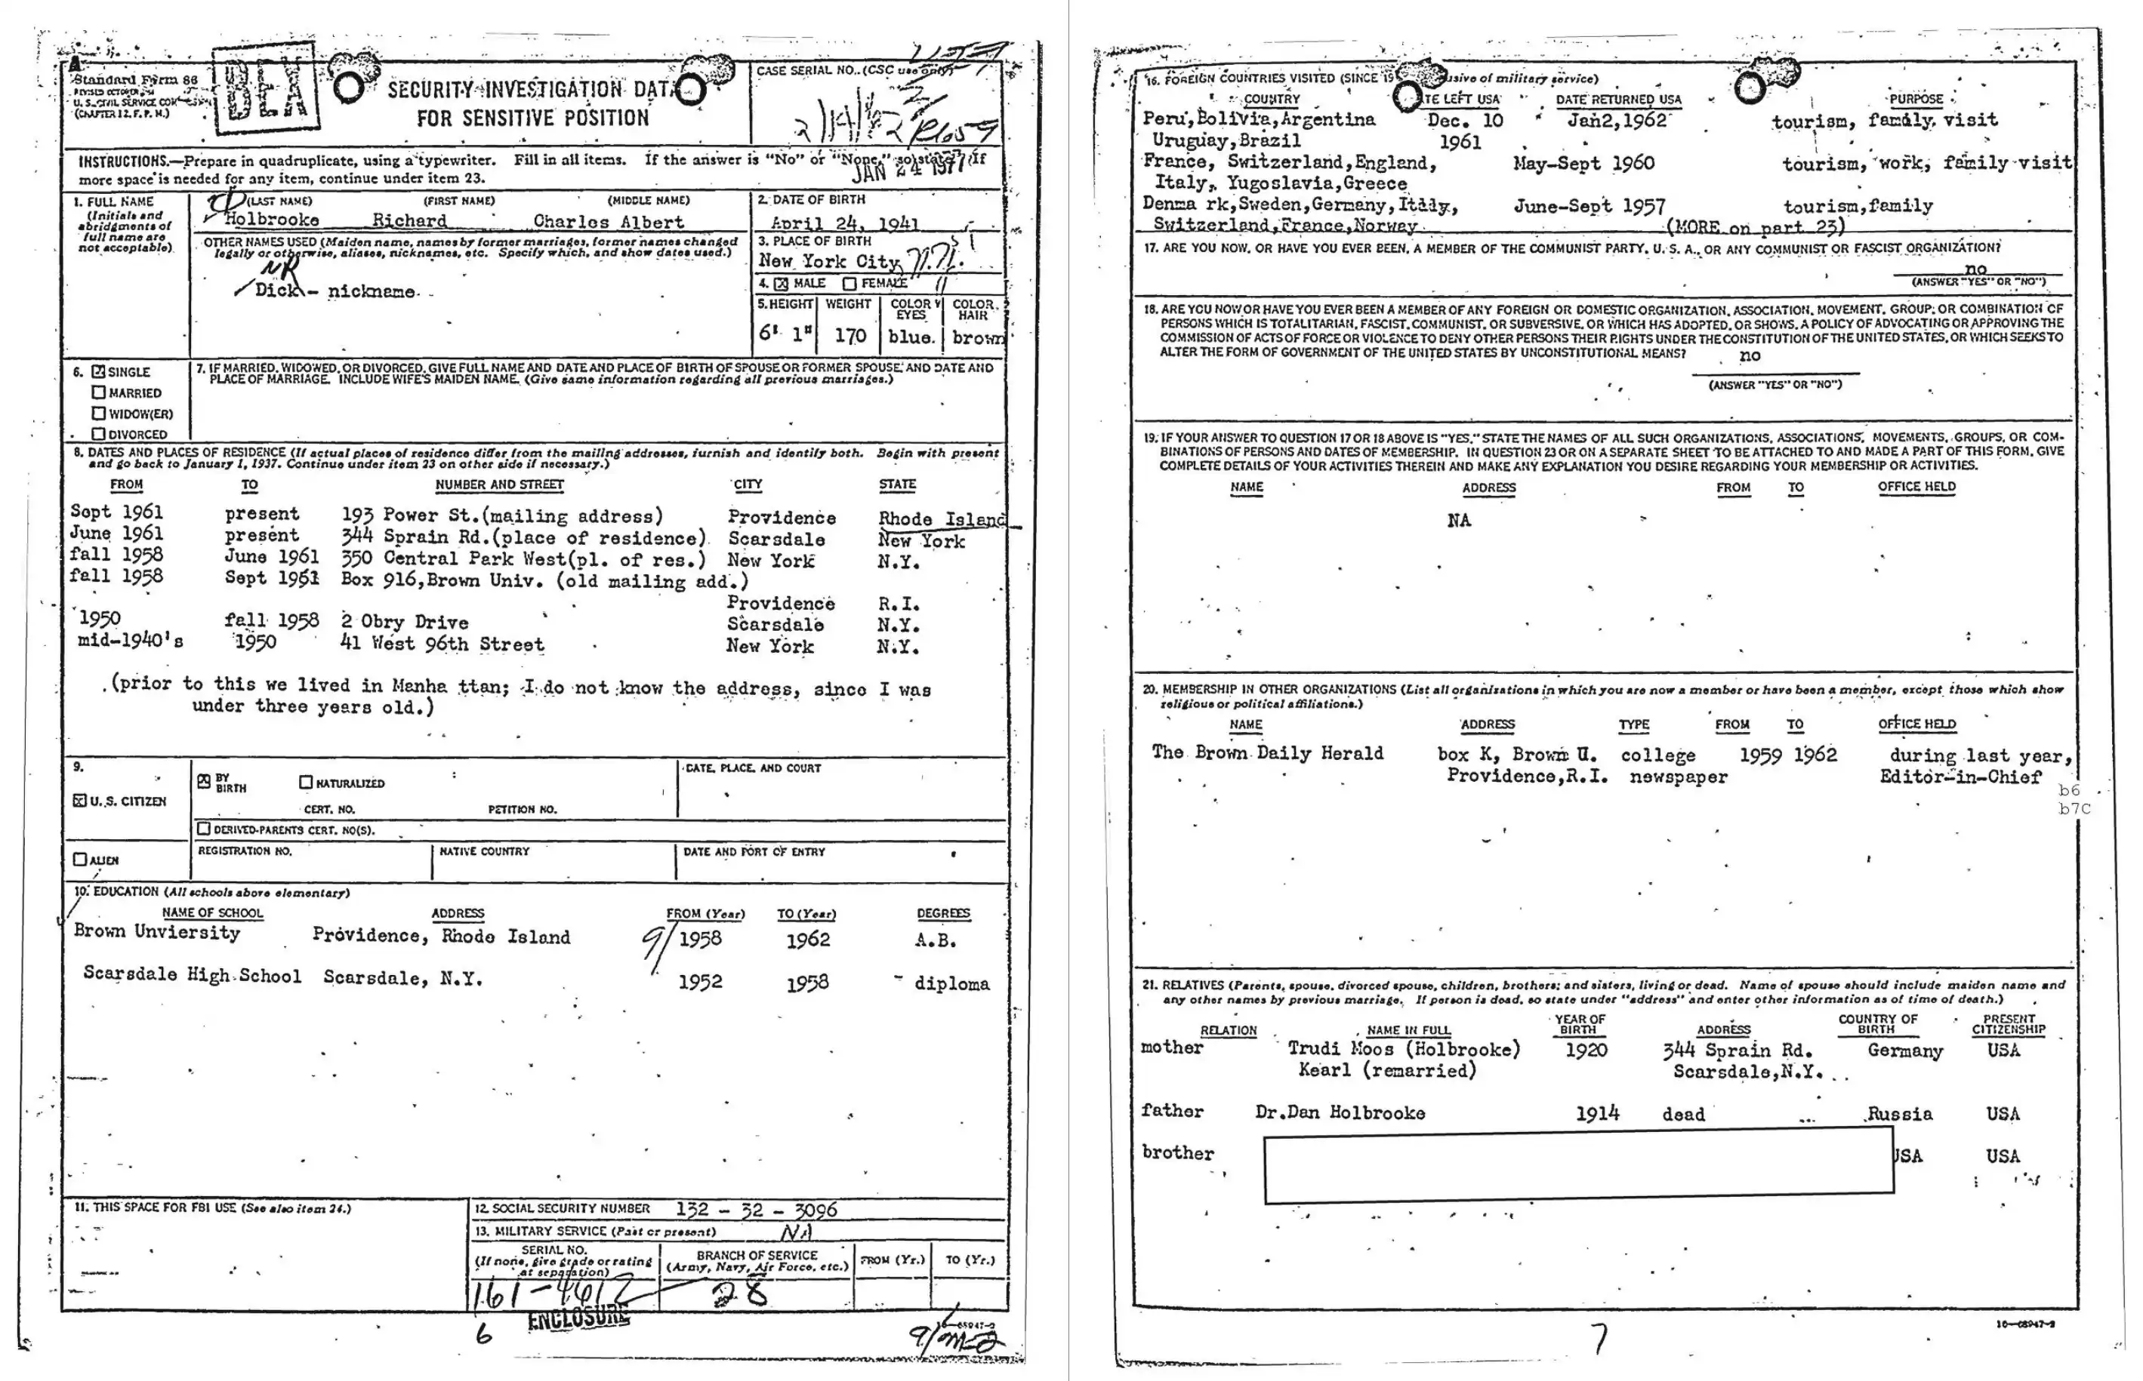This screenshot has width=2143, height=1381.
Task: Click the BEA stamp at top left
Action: click(266, 89)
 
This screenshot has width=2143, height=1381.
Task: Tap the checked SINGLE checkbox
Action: click(99, 371)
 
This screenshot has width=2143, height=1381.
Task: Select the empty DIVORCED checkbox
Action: click(99, 434)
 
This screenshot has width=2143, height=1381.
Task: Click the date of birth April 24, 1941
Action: click(844, 223)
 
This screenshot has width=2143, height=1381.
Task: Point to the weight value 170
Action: click(849, 337)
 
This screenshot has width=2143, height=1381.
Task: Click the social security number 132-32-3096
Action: click(755, 1210)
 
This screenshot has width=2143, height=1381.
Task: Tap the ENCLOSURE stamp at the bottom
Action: click(578, 1318)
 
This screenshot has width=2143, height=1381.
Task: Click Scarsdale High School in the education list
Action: click(192, 975)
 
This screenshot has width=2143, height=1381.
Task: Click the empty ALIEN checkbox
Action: click(80, 859)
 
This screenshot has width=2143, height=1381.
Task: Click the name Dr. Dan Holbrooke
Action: click(1340, 1113)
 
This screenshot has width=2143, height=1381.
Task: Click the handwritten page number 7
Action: click(1600, 1338)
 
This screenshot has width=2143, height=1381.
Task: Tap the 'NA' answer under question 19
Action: click(1459, 520)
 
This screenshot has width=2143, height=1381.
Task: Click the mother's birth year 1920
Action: click(1585, 1050)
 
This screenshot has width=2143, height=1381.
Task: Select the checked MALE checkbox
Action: click(781, 285)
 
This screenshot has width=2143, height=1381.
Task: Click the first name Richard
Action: click(409, 220)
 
